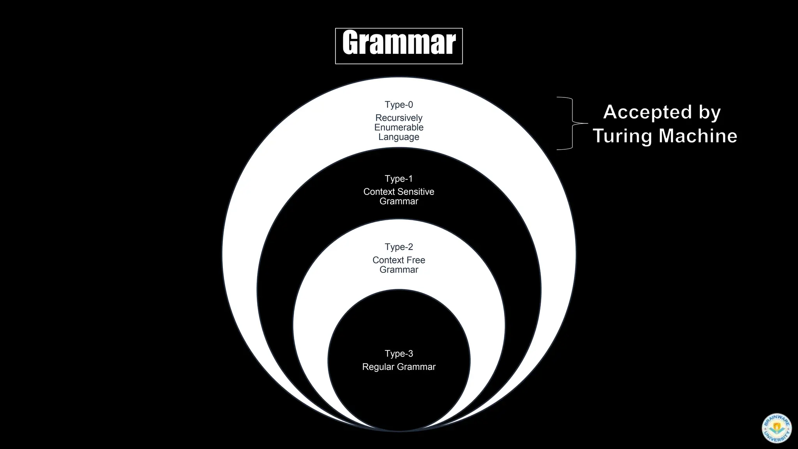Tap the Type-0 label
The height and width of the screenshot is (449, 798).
tap(399, 105)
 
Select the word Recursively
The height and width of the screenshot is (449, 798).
tap(399, 118)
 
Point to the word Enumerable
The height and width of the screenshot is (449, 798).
tap(399, 127)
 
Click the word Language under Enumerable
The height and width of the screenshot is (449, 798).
tap(399, 137)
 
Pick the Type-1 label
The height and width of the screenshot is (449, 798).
tap(399, 179)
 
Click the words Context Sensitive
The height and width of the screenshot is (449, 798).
tap(399, 192)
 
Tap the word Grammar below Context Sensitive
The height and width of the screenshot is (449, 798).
tap(399, 202)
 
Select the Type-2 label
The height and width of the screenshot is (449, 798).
tap(399, 247)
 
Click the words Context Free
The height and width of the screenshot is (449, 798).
tap(399, 260)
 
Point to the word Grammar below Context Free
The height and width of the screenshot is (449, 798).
tap(399, 270)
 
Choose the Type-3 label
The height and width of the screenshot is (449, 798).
tap(399, 354)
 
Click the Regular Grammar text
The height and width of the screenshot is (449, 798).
tap(399, 367)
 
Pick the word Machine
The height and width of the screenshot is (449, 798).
tap(698, 136)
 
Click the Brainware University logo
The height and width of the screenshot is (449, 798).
tap(776, 428)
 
